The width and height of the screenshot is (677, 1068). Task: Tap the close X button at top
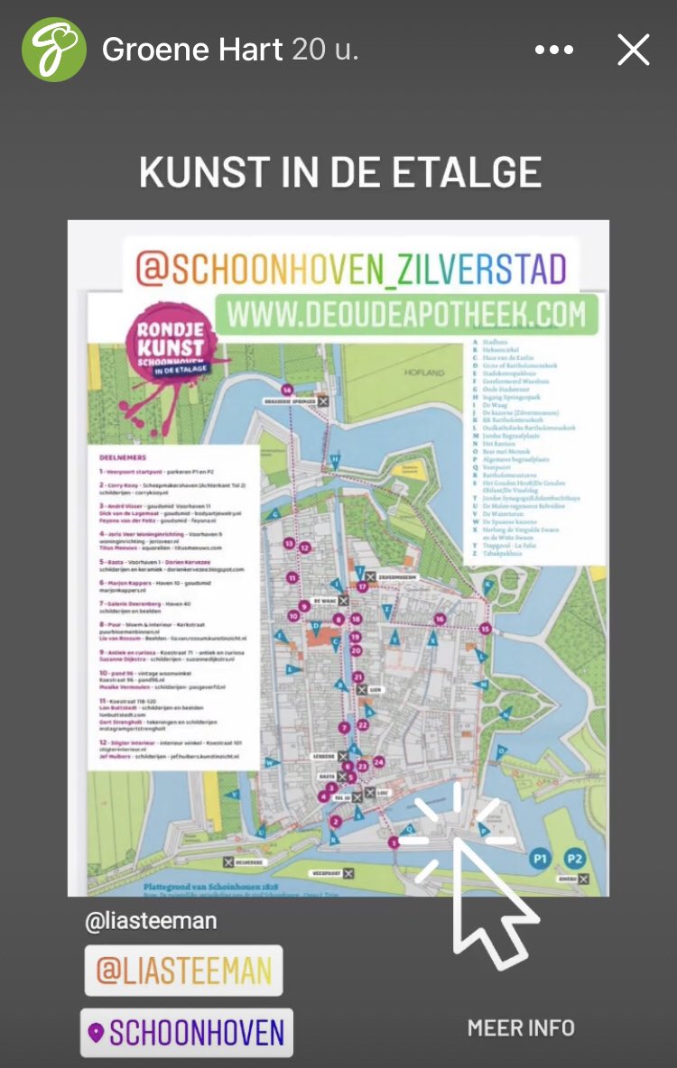(x=633, y=50)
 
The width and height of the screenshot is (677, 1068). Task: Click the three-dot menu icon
(x=553, y=51)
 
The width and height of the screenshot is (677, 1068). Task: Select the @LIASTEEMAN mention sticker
(x=183, y=971)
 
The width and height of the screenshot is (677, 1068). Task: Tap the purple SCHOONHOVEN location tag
(x=187, y=1032)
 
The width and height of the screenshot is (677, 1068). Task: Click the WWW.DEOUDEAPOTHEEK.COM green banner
(x=406, y=315)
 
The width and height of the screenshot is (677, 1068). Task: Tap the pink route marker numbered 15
(x=486, y=628)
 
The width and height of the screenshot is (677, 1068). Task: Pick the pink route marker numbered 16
(x=440, y=619)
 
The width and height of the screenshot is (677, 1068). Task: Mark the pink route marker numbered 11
(x=292, y=577)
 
